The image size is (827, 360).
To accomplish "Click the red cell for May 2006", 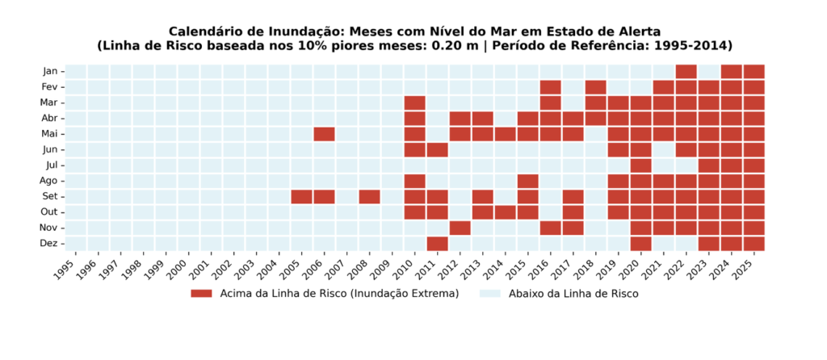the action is pyautogui.click(x=325, y=134).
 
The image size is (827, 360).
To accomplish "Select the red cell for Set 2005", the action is pyautogui.click(x=302, y=197).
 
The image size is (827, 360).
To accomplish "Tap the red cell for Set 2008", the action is pyautogui.click(x=370, y=197).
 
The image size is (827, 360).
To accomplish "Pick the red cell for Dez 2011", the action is pyautogui.click(x=437, y=244).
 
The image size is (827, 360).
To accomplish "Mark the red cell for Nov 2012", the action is pyautogui.click(x=460, y=228).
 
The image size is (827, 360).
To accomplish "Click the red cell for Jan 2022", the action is pyautogui.click(x=686, y=71).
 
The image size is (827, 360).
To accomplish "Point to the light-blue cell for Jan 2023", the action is pyautogui.click(x=709, y=71).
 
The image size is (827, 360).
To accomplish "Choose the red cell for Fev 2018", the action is pyautogui.click(x=595, y=87).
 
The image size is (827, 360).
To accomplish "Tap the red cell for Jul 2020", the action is pyautogui.click(x=640, y=165).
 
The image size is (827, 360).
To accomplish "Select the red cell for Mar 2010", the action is pyautogui.click(x=414, y=103).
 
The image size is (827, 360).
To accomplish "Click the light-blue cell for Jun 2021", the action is pyautogui.click(x=664, y=149).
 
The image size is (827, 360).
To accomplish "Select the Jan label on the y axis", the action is pyautogui.click(x=51, y=71).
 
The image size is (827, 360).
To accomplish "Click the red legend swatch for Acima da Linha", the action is pyautogui.click(x=201, y=294).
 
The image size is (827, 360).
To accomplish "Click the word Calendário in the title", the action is pyautogui.click(x=201, y=31).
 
